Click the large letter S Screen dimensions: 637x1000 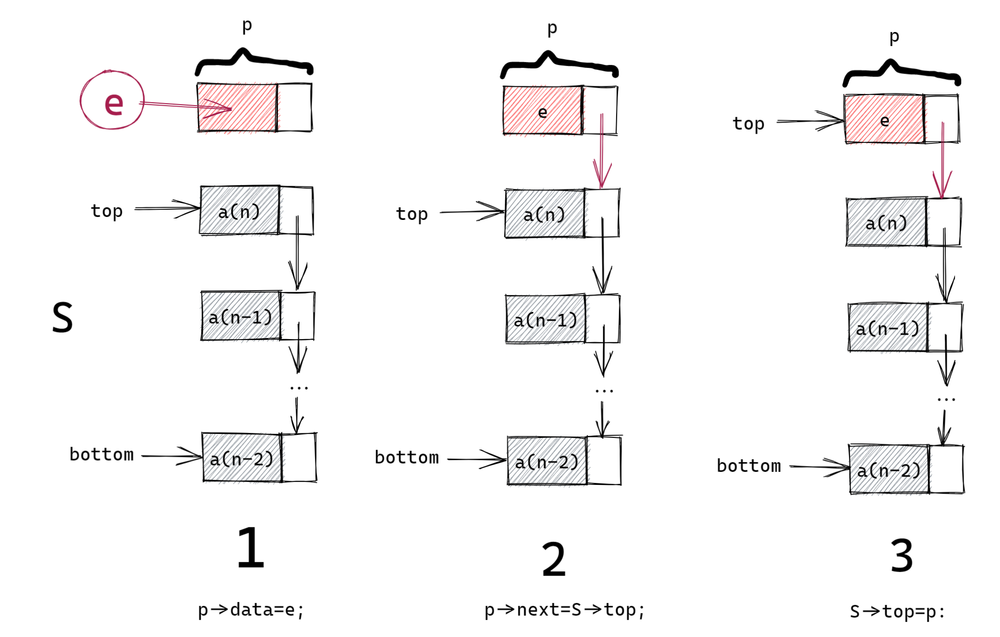[x=62, y=317]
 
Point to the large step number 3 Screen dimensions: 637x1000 [x=902, y=556]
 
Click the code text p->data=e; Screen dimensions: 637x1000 [x=251, y=610]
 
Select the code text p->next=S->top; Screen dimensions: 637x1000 [x=564, y=610]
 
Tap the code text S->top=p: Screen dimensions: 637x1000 [x=897, y=611]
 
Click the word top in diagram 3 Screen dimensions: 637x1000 [x=748, y=124]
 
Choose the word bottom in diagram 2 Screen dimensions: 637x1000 [x=407, y=458]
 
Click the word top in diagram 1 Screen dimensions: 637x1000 [x=106, y=211]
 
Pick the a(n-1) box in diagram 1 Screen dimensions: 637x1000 [x=241, y=317]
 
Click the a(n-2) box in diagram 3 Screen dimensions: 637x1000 [x=889, y=470]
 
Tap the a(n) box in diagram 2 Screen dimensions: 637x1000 [x=545, y=214]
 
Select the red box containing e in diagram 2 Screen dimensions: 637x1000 [x=543, y=111]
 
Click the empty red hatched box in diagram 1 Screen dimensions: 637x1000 [x=237, y=108]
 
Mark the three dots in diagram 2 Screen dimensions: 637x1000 [x=604, y=390]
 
